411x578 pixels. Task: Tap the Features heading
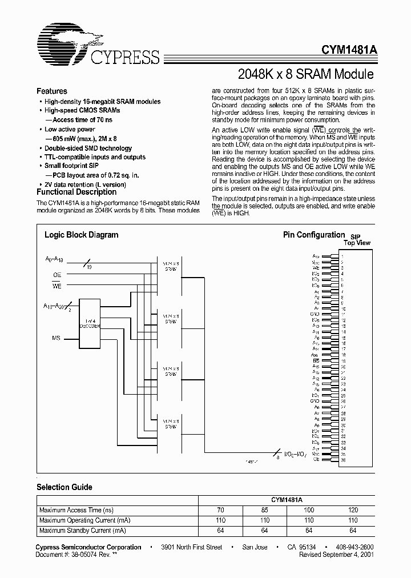point(51,91)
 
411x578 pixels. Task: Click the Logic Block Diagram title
point(81,235)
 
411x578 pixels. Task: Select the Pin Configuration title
point(314,235)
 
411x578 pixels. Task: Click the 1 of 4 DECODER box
point(90,322)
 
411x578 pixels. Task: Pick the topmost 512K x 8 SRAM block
point(171,266)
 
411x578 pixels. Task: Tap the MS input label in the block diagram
point(56,339)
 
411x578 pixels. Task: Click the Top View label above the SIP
point(357,243)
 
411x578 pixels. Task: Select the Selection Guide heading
point(64,487)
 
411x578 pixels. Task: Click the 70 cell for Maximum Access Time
point(220,510)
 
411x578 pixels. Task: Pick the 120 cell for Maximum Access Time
point(353,510)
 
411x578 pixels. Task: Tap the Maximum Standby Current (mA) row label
point(82,531)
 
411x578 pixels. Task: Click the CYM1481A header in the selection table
point(286,500)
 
